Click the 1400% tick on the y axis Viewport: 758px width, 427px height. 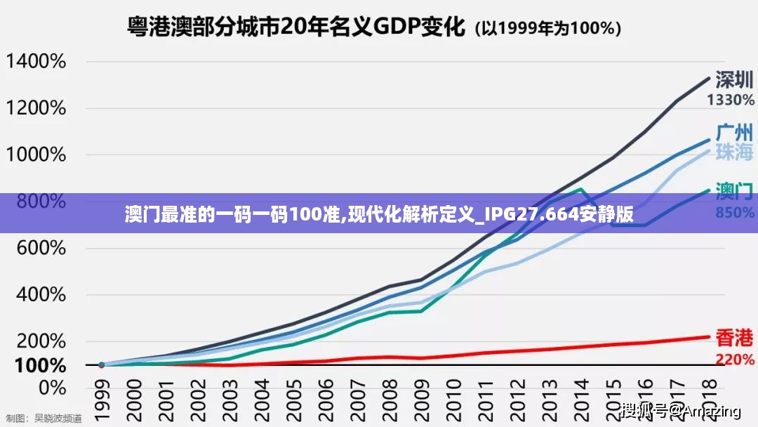[36, 62]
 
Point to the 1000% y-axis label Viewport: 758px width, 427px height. [36, 155]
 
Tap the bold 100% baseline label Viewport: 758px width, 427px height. [40, 366]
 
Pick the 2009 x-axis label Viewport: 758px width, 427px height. [420, 398]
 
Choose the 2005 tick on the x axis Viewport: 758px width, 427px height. [293, 398]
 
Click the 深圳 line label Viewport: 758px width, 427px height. [734, 80]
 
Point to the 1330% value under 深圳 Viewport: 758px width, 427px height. [731, 100]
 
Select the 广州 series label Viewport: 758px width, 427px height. [734, 131]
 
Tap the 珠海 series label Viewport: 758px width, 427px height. [734, 151]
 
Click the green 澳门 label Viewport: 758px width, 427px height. [734, 190]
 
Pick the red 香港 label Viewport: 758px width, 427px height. [734, 339]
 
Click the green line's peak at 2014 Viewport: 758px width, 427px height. [580, 189]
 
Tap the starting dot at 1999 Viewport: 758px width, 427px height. [101, 365]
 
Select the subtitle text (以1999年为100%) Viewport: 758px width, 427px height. [548, 29]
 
